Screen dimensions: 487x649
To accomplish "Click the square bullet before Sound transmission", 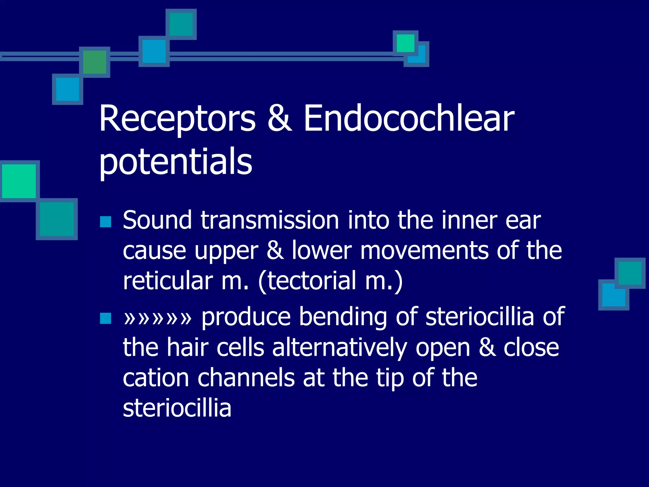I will (x=106, y=222).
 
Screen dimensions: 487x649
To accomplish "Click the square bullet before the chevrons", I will (x=106, y=318).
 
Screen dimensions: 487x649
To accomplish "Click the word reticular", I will (x=168, y=281).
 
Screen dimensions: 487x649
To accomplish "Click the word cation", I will (x=156, y=378).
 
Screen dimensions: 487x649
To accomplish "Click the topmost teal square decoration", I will (x=181, y=24).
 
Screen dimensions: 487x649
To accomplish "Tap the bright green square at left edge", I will (x=19, y=181).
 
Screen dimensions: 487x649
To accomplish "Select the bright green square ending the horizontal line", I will (x=405, y=43).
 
